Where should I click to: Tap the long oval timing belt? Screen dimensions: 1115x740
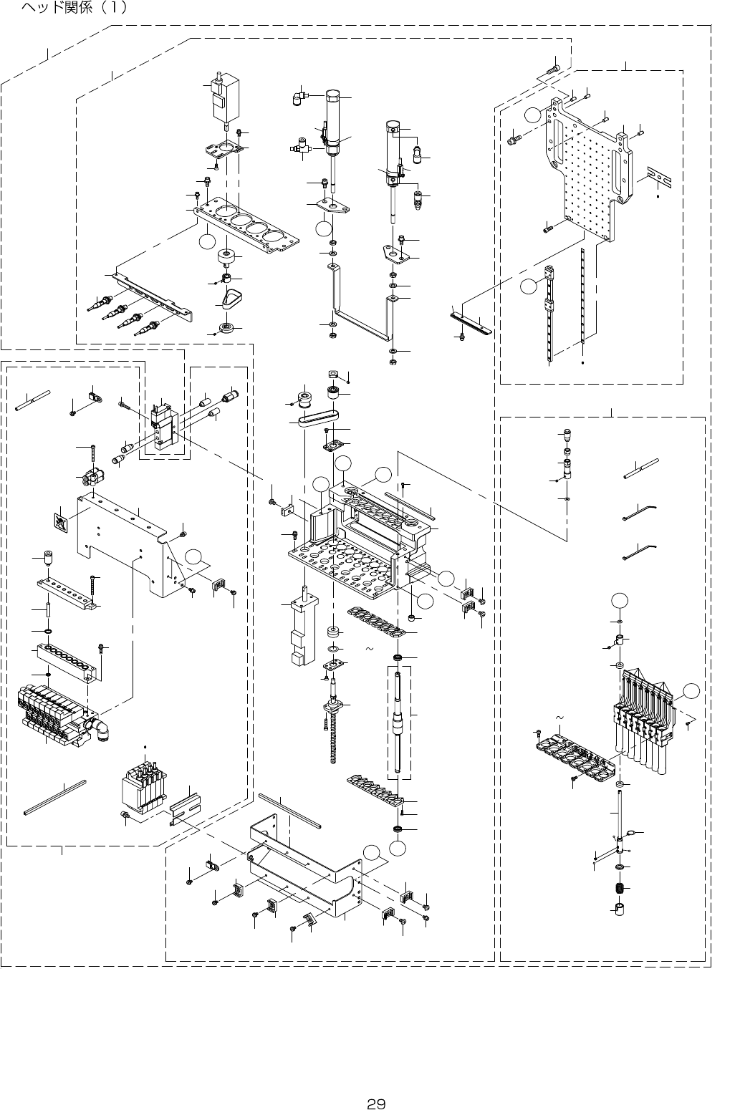pyautogui.click(x=319, y=418)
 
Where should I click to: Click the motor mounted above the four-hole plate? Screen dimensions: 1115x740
pyautogui.click(x=226, y=100)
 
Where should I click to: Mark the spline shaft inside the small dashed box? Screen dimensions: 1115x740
pyautogui.click(x=400, y=716)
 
